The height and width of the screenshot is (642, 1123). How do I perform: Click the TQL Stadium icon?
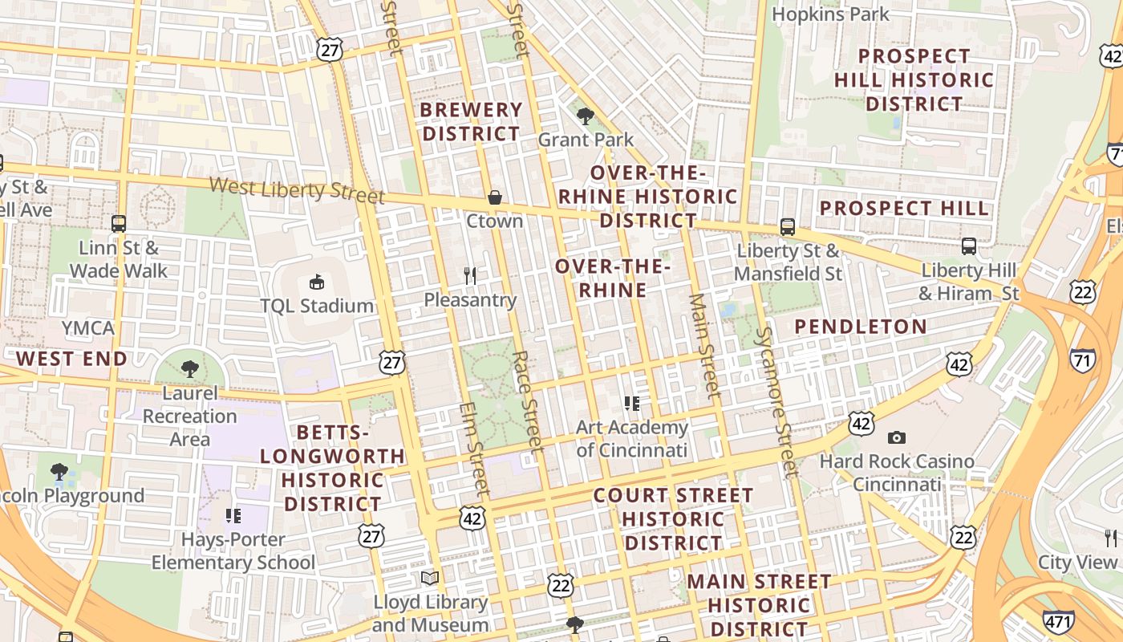coord(317,282)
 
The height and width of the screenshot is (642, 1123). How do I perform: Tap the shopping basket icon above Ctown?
coord(495,197)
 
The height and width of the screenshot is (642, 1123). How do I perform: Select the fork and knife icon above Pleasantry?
coord(470,276)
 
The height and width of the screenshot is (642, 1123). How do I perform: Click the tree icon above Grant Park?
coord(586,116)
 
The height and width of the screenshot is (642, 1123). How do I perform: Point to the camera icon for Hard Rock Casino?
coord(897,437)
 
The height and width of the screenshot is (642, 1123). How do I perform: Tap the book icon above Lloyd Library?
coord(430,578)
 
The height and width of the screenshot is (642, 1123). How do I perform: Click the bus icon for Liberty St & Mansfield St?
coord(788,227)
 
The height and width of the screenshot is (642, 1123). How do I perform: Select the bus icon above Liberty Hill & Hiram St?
coord(969,246)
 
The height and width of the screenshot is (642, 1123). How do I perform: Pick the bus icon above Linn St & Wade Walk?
coord(119,224)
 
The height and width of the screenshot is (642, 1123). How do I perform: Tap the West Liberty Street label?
coord(297,190)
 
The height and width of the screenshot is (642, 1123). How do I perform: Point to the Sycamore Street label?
coord(776,401)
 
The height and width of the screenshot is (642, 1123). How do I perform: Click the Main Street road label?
coord(703,345)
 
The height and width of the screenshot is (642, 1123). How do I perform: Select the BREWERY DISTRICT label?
coord(472,121)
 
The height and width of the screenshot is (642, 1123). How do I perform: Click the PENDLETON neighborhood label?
coord(861,327)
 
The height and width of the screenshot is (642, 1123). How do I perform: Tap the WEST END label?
coord(71,359)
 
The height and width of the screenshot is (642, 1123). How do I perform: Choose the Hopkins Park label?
coord(830,14)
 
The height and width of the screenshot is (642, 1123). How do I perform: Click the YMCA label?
coord(88,328)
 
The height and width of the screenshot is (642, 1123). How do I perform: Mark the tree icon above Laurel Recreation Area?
coord(190,369)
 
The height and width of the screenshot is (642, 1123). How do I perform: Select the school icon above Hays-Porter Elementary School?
coord(233,515)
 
